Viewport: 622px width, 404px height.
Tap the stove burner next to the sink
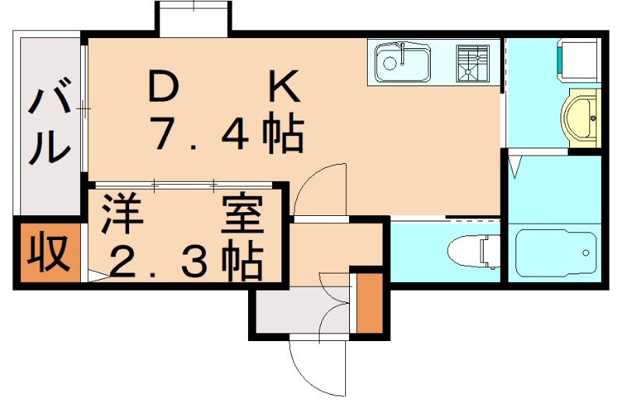click(472, 62)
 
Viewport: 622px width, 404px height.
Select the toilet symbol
click(473, 250)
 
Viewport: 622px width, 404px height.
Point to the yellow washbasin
click(580, 117)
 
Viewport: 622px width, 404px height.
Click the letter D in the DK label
click(164, 88)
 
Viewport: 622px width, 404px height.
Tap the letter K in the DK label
click(284, 88)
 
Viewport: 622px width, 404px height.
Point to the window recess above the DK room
click(193, 17)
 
